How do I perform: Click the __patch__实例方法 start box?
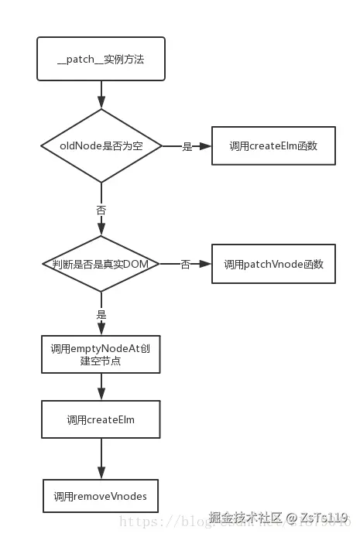tap(101, 59)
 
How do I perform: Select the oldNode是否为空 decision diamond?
tap(101, 145)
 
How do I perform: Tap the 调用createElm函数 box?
tap(262, 145)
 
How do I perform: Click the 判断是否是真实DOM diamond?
tap(101, 264)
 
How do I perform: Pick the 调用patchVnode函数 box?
tap(262, 264)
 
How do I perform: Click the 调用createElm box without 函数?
tap(101, 420)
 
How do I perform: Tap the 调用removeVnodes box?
tap(101, 495)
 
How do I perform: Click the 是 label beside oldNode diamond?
tap(187, 146)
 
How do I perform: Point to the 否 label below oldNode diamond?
tap(101, 210)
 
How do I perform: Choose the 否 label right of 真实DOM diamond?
tap(185, 265)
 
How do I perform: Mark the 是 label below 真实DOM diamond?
tap(101, 315)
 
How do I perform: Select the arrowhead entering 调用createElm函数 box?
tap(206, 145)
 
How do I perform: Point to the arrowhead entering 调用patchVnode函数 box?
tap(206, 264)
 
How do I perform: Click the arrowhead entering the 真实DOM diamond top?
tap(101, 231)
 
